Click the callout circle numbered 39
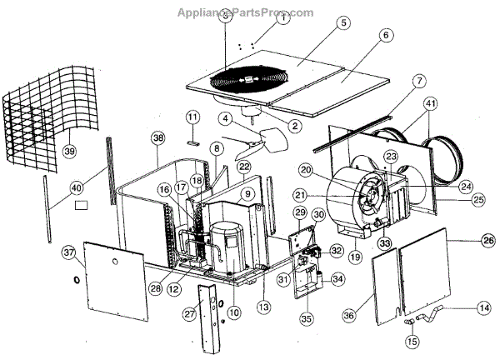[69, 151]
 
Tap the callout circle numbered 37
[68, 252]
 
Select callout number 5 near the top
[342, 23]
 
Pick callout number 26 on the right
[487, 242]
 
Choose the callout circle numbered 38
[158, 137]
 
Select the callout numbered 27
[189, 313]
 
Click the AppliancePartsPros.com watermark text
[246, 12]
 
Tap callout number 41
[429, 104]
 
